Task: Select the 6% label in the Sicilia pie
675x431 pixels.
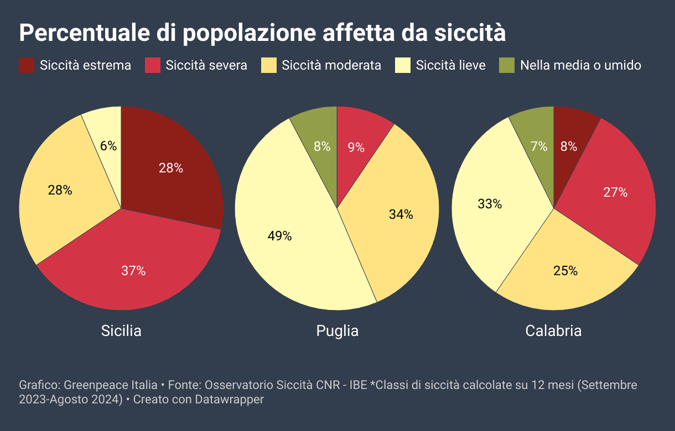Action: (108, 146)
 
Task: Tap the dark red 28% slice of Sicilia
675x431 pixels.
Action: (170, 169)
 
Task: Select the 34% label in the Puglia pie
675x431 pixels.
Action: (401, 214)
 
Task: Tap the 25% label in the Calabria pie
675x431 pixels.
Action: (565, 271)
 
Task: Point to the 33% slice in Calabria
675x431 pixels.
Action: (490, 204)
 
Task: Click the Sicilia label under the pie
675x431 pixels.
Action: (121, 331)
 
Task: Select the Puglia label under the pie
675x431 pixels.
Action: (337, 331)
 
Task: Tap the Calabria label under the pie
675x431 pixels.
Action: (553, 331)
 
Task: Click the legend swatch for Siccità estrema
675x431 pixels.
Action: (27, 65)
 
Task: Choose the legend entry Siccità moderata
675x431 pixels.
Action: (331, 65)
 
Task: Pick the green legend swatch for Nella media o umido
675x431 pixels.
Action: (507, 65)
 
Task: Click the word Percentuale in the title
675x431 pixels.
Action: (84, 33)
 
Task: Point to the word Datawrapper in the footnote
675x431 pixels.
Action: (229, 399)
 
